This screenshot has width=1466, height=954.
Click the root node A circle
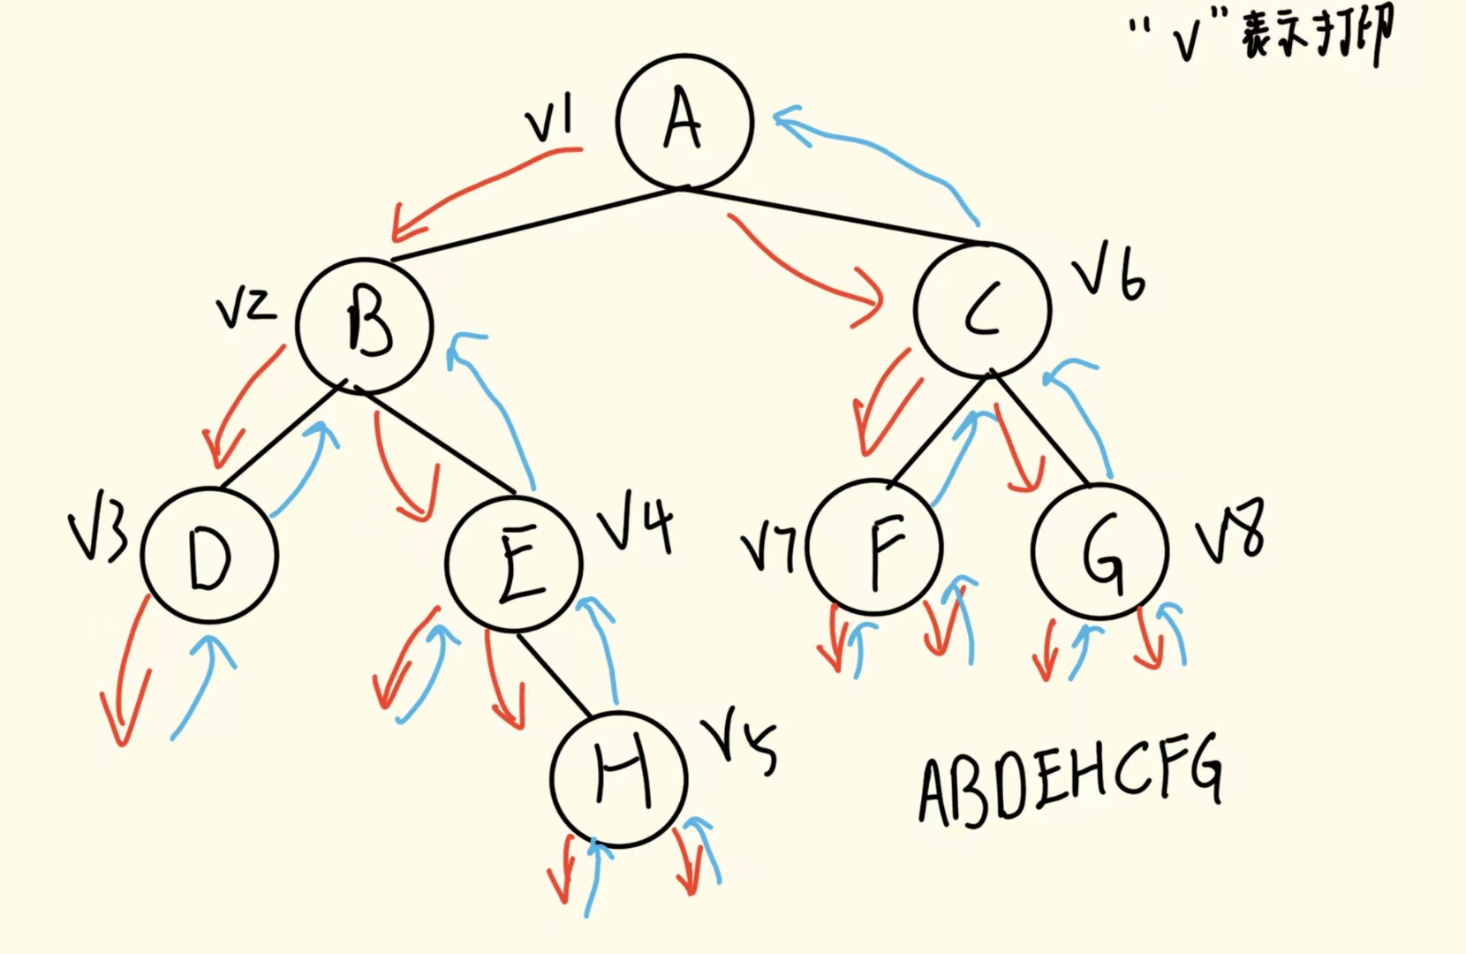tap(684, 122)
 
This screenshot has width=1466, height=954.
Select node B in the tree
tap(365, 325)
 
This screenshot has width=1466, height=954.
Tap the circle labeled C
tap(983, 309)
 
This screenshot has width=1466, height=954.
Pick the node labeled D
tap(210, 556)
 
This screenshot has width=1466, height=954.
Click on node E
tap(515, 564)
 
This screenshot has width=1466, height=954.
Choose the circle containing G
tap(1100, 552)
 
